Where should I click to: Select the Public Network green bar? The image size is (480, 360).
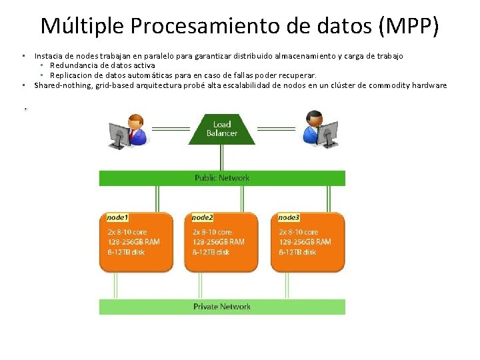(222, 178)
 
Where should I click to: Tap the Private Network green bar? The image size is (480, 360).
(222, 307)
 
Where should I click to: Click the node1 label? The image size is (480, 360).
(117, 217)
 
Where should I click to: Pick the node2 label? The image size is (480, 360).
(202, 217)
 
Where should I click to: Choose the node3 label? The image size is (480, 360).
(289, 217)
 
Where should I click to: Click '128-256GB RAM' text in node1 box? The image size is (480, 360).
(134, 242)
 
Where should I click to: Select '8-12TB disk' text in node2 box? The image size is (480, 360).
(211, 252)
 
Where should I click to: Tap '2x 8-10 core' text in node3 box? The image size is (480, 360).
(298, 232)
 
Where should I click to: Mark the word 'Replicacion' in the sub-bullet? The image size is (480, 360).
(71, 75)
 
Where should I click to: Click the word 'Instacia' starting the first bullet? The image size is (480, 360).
(49, 56)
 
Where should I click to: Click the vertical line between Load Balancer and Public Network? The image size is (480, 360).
(222, 157)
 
